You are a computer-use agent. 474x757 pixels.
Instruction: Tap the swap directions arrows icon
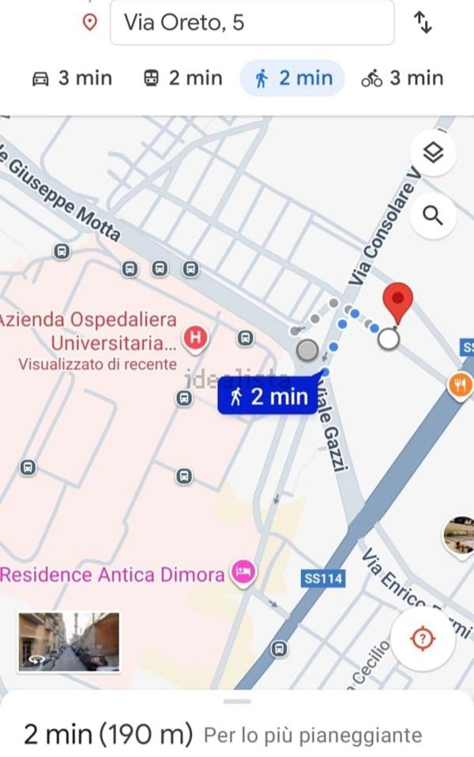(423, 23)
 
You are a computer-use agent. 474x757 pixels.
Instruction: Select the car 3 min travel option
(72, 78)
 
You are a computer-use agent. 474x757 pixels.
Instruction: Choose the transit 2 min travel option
(182, 78)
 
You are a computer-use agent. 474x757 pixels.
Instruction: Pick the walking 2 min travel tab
(293, 78)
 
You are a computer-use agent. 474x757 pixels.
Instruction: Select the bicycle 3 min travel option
(402, 78)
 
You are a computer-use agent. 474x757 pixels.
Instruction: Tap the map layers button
(433, 153)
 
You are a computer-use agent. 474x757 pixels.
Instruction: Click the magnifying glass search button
(433, 215)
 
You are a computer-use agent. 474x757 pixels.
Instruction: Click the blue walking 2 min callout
(269, 396)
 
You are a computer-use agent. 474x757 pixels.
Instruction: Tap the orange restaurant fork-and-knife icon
(460, 385)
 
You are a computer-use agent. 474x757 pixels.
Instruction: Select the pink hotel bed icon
(243, 572)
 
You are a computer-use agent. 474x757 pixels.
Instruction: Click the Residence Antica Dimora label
(112, 574)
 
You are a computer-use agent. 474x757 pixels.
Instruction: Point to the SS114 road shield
(323, 578)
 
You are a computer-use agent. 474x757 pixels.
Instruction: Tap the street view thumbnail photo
(68, 642)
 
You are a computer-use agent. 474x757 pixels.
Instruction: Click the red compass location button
(423, 639)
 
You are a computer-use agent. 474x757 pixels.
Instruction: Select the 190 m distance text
(146, 734)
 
